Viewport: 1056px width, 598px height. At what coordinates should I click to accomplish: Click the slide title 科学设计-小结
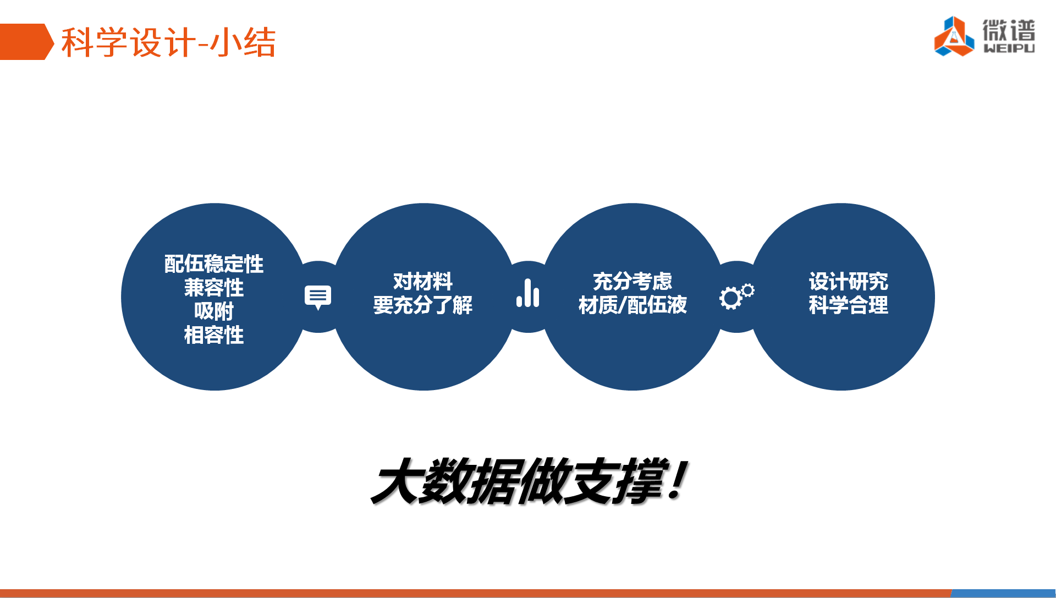coord(168,42)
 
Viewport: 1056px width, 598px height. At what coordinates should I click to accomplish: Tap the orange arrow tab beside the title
coord(26,42)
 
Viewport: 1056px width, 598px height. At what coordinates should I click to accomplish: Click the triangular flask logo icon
coord(954,36)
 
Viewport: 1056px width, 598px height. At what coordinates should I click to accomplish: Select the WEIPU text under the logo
coord(1009,48)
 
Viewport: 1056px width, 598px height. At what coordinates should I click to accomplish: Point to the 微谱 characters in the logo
coord(1009,30)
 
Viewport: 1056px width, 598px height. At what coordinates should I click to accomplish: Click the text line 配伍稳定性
coord(214,264)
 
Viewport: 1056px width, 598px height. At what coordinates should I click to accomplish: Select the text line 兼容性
coord(214,288)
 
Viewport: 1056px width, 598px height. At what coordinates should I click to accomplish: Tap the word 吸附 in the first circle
coord(214,311)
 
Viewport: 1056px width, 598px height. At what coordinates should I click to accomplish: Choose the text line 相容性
coord(214,335)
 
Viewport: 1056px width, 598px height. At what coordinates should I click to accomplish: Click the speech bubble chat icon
coord(318,297)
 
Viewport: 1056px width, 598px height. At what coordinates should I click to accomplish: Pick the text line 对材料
coord(423,282)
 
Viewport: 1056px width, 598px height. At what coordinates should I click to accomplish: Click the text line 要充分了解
coord(423,305)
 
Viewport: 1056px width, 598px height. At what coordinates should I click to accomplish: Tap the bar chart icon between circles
coord(528,293)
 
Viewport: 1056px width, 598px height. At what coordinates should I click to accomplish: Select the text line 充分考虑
coord(632,282)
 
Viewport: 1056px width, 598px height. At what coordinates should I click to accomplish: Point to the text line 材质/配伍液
coord(632,305)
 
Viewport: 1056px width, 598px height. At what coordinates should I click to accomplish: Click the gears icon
coord(737,297)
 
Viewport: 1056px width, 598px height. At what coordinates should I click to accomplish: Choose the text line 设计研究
coord(848,282)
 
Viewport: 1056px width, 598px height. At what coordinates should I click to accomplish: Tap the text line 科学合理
coord(848,305)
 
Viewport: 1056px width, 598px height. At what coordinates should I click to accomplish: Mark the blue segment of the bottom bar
coord(1004,594)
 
